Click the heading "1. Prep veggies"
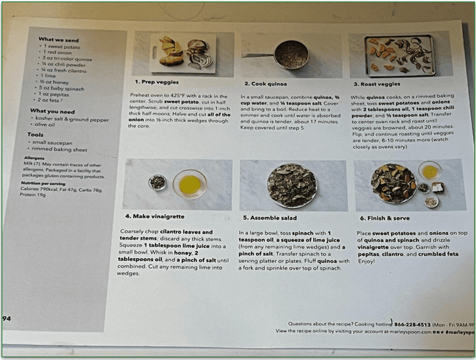(157, 83)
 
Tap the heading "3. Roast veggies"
(375, 84)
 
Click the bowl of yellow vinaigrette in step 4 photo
(189, 184)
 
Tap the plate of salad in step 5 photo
(291, 184)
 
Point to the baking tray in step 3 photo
(399, 54)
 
